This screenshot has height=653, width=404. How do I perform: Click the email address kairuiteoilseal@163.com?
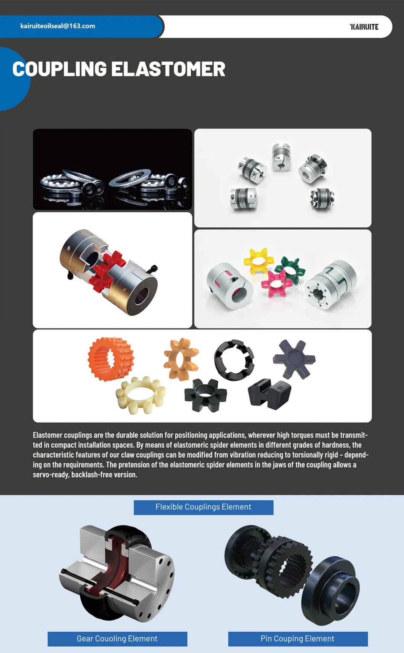pyautogui.click(x=58, y=26)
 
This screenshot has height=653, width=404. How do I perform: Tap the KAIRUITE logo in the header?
pyautogui.click(x=364, y=27)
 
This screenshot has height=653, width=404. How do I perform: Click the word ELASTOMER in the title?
pyautogui.click(x=168, y=69)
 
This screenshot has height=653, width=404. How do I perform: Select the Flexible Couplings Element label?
pyautogui.click(x=203, y=507)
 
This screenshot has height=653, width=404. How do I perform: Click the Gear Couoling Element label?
pyautogui.click(x=117, y=639)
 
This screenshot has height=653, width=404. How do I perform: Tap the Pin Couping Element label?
pyautogui.click(x=297, y=639)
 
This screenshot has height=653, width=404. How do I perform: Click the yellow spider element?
pyautogui.click(x=258, y=261)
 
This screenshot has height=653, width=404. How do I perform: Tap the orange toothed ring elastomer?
pyautogui.click(x=111, y=359)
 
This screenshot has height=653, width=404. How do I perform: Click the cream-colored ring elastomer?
pyautogui.click(x=141, y=395)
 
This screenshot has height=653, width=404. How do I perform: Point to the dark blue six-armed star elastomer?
pyautogui.click(x=294, y=359)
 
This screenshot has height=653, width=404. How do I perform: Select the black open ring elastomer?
pyautogui.click(x=234, y=360)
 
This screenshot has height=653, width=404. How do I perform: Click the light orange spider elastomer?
pyautogui.click(x=181, y=359)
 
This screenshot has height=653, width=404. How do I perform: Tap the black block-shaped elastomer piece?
pyautogui.click(x=269, y=394)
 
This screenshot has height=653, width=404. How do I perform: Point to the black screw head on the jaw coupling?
pyautogui.click(x=154, y=269)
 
